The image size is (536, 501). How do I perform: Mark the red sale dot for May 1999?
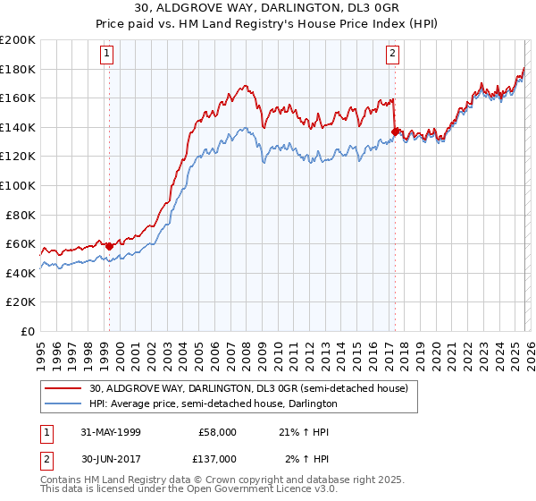pyautogui.click(x=110, y=246)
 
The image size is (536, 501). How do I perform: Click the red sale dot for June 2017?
pyautogui.click(x=395, y=132)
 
